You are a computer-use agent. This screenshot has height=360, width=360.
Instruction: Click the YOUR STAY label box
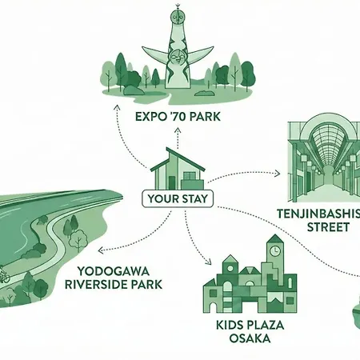click(x=178, y=198)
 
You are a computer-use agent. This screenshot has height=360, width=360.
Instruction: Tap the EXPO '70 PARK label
click(x=178, y=117)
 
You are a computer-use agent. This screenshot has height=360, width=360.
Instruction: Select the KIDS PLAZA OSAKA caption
click(x=250, y=332)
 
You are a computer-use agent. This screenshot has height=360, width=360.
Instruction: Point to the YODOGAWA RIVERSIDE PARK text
click(x=114, y=278)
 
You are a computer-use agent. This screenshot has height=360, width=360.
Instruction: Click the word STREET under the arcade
click(x=328, y=227)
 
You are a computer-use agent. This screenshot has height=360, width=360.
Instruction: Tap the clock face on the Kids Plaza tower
click(x=274, y=250)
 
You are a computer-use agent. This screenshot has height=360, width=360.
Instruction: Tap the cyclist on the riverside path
click(x=3, y=276)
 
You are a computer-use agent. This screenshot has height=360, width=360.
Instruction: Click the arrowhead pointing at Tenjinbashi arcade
click(x=278, y=174)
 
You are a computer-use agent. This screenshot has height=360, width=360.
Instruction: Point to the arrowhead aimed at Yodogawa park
click(x=101, y=250)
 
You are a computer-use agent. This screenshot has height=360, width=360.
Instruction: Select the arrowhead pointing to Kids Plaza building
click(x=209, y=262)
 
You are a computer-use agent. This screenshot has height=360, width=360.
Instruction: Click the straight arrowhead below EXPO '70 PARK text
click(x=178, y=130)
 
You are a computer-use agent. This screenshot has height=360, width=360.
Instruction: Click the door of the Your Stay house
click(x=171, y=183)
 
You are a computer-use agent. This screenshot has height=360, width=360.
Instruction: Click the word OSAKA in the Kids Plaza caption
click(x=250, y=338)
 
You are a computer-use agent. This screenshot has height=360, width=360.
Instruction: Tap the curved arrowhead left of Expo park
click(x=117, y=107)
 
